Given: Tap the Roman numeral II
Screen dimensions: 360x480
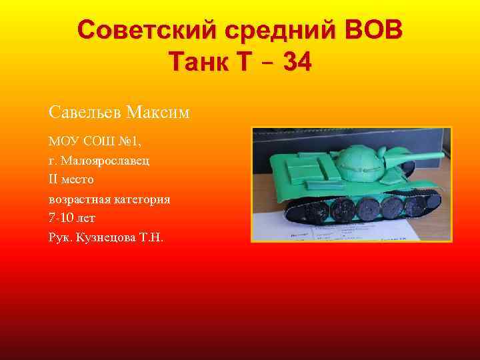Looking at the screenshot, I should (53, 180).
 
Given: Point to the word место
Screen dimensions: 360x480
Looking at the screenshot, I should (79, 180).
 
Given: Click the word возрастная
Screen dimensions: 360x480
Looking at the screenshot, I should (78, 199).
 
